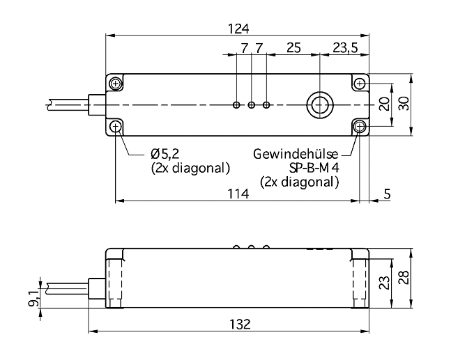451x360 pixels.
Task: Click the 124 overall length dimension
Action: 238,29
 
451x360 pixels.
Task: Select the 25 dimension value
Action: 293,47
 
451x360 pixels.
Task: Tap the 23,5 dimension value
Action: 346,47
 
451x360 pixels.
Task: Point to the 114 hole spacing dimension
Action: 238,194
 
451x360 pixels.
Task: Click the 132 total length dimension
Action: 240,324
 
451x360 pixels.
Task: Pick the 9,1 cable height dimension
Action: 33,299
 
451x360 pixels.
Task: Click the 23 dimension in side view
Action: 385,283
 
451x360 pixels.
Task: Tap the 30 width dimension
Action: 404,104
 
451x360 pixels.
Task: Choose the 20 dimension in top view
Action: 385,104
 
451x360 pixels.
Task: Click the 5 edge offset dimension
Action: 388,194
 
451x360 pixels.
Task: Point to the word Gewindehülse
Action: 296,155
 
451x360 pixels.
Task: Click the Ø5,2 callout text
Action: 165,155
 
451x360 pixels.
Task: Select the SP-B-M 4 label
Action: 314,168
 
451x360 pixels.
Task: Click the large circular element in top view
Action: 320,105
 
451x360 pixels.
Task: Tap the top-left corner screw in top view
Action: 116,84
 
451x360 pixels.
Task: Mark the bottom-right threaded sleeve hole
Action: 360,127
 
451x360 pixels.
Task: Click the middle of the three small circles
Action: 252,105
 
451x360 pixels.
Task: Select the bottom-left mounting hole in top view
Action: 116,127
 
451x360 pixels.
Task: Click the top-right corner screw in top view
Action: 360,84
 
